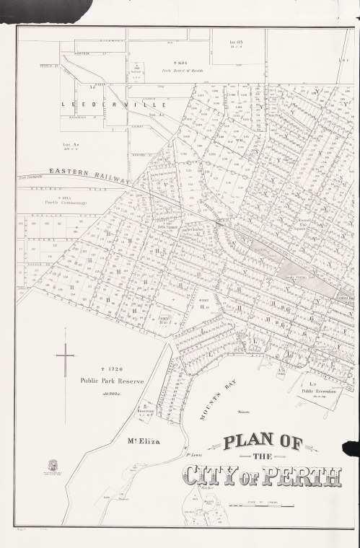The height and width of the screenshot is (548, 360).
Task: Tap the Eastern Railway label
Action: point(87,175)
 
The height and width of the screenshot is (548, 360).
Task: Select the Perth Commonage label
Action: point(66,203)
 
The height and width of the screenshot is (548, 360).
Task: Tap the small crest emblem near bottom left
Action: point(53,466)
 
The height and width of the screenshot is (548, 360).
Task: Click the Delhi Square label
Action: point(167,226)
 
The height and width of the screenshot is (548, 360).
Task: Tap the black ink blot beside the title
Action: point(351,448)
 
